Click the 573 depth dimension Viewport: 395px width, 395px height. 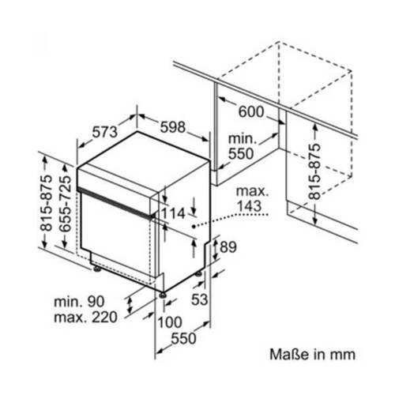105,132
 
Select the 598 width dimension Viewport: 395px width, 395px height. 173,127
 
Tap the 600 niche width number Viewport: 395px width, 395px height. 251,111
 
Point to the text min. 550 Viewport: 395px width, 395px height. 242,146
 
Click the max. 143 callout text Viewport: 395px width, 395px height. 252,199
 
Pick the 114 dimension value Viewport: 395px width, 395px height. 173,213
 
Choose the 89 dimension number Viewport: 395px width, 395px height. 228,247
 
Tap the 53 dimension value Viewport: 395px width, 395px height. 199,299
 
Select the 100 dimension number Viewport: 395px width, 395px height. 170,322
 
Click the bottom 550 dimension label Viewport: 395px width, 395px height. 183,338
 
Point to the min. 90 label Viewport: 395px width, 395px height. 79,302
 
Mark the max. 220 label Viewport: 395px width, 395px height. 85,318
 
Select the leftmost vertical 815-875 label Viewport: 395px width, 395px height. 46,203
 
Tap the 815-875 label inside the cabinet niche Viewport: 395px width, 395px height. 314,171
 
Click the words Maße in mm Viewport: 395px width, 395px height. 313,355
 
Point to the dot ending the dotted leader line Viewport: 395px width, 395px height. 194,226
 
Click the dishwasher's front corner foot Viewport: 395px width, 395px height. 163,295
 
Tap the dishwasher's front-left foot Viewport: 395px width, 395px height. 97,269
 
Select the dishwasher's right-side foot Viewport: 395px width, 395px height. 198,274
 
